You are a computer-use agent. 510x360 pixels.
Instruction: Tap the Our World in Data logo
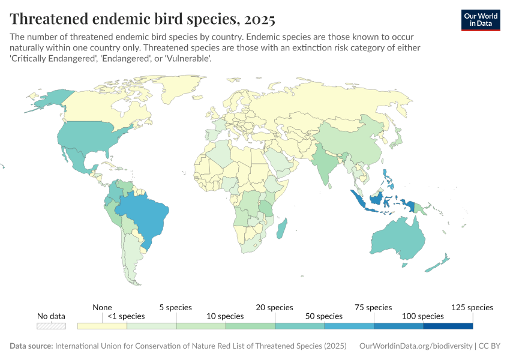click(x=480, y=19)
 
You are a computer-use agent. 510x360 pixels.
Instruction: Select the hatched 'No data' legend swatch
click(x=51, y=326)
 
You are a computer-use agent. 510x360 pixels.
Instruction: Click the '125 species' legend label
click(x=472, y=307)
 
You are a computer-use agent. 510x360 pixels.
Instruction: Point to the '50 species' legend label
click(x=321, y=316)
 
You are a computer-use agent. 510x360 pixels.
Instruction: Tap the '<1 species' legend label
click(x=126, y=316)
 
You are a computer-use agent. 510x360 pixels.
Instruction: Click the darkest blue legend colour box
click(x=448, y=326)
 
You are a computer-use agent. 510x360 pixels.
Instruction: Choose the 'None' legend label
click(x=102, y=307)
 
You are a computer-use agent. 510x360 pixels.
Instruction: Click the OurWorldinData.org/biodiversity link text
click(x=415, y=346)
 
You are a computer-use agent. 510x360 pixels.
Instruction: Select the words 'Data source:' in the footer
click(x=31, y=346)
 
